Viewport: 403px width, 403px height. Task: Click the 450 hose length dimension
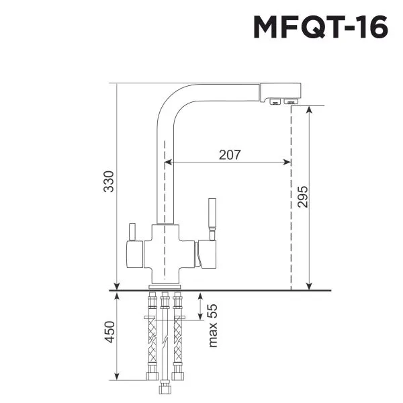click(x=110, y=332)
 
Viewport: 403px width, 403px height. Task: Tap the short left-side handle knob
click(x=132, y=232)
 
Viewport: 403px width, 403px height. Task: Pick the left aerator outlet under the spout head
click(x=274, y=101)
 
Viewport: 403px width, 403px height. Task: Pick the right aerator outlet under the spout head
click(x=290, y=101)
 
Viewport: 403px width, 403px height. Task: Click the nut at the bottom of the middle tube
click(x=163, y=390)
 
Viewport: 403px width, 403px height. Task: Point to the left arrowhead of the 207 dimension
click(x=167, y=162)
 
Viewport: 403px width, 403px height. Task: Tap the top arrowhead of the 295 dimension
click(x=308, y=109)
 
